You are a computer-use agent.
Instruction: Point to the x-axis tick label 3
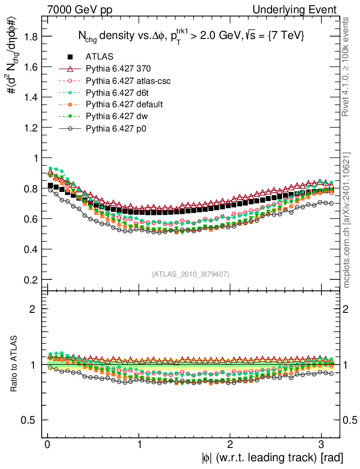(x=322, y=445)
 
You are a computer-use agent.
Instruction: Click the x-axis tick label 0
(x=48, y=445)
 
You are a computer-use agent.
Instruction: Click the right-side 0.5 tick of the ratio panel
(x=350, y=420)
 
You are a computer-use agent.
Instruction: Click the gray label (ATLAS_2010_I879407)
(x=191, y=274)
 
